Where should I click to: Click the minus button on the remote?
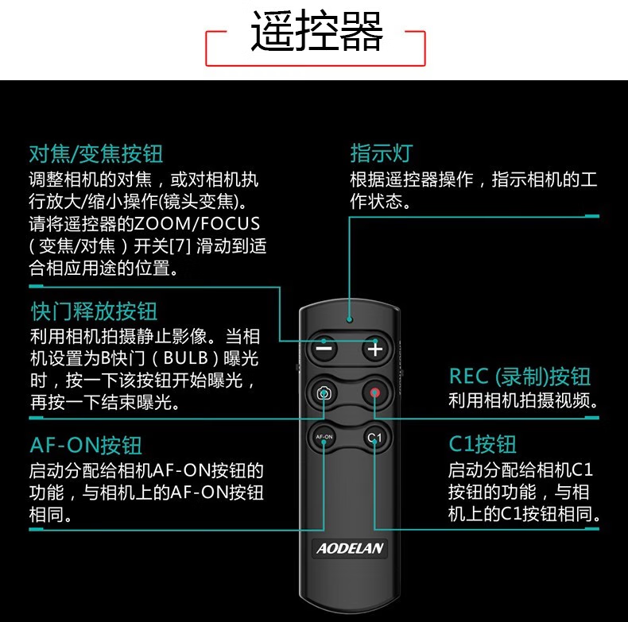click(324, 349)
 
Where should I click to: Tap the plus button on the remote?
click(375, 349)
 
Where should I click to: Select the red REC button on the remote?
click(374, 392)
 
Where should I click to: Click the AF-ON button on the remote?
click(324, 437)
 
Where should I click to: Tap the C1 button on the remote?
click(374, 438)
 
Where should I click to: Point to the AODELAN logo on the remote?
click(350, 548)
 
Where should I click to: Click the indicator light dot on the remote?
click(350, 319)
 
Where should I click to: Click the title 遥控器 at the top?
click(316, 30)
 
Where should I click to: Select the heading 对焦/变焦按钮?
click(96, 153)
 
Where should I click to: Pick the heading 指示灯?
click(382, 153)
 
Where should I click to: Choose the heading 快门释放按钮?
click(94, 311)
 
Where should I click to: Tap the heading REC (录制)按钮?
click(520, 377)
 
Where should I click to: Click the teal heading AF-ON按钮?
click(86, 445)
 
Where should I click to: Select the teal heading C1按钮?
click(483, 444)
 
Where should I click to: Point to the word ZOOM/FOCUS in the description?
click(197, 224)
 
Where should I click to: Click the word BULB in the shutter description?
click(185, 357)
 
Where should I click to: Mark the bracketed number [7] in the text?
click(180, 246)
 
